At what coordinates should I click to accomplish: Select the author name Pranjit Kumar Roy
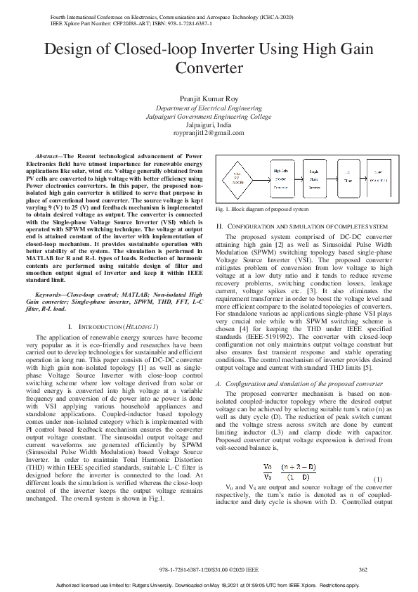209,99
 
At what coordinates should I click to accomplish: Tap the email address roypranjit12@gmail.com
209,132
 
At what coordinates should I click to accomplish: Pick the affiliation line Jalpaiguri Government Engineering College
209,116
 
